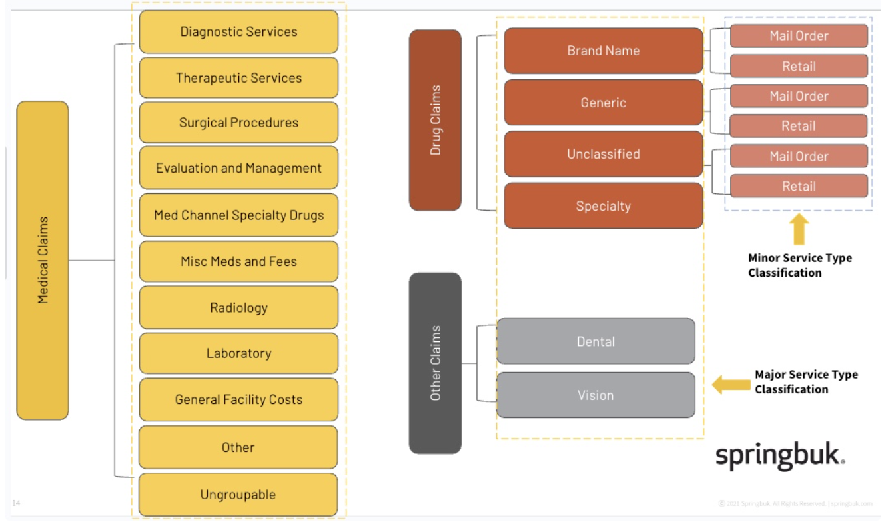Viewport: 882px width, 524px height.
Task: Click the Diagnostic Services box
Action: click(x=238, y=32)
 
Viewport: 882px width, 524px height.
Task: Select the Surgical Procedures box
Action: click(x=238, y=123)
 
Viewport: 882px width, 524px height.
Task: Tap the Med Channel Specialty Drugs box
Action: click(x=238, y=215)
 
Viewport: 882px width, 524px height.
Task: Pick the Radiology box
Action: click(x=238, y=308)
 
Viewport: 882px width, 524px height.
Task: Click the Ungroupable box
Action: click(x=238, y=495)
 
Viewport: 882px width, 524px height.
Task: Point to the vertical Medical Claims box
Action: click(x=43, y=260)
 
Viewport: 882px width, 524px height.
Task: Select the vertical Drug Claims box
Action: click(x=435, y=120)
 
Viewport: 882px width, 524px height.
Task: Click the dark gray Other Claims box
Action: click(x=435, y=363)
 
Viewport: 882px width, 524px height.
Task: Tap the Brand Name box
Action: click(x=603, y=51)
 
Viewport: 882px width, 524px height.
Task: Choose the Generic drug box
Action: click(x=603, y=103)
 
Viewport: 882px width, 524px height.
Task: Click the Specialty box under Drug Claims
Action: click(x=603, y=206)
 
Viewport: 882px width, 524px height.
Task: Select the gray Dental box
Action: click(x=596, y=341)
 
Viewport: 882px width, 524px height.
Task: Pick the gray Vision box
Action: click(x=596, y=395)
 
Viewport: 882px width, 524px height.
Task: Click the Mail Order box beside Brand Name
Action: click(x=799, y=36)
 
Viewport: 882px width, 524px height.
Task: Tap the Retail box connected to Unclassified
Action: click(x=799, y=186)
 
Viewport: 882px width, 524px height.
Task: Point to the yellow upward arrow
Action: click(x=799, y=229)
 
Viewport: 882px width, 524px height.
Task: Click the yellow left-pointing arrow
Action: click(x=731, y=384)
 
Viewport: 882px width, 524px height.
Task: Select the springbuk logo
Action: click(x=780, y=457)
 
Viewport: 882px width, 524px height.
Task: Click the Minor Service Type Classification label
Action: click(x=799, y=265)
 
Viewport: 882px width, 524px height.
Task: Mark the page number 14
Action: click(x=16, y=503)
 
